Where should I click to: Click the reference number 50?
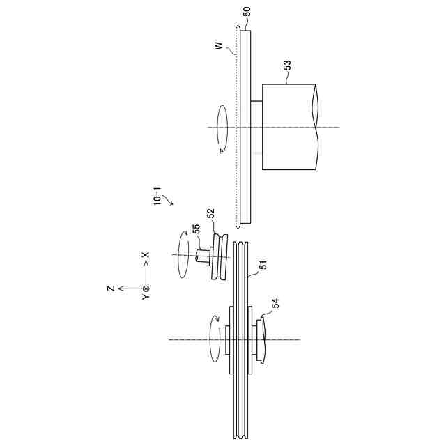click(x=247, y=12)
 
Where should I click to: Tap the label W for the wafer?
click(x=218, y=46)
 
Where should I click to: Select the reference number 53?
click(x=287, y=66)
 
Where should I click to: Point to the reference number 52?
click(x=210, y=213)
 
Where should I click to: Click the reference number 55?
click(x=197, y=229)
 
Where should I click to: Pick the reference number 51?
click(x=264, y=265)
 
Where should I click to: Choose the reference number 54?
click(x=275, y=303)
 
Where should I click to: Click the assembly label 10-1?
click(x=157, y=196)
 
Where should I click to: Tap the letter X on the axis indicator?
click(x=146, y=255)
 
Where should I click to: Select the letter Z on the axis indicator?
click(x=111, y=289)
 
